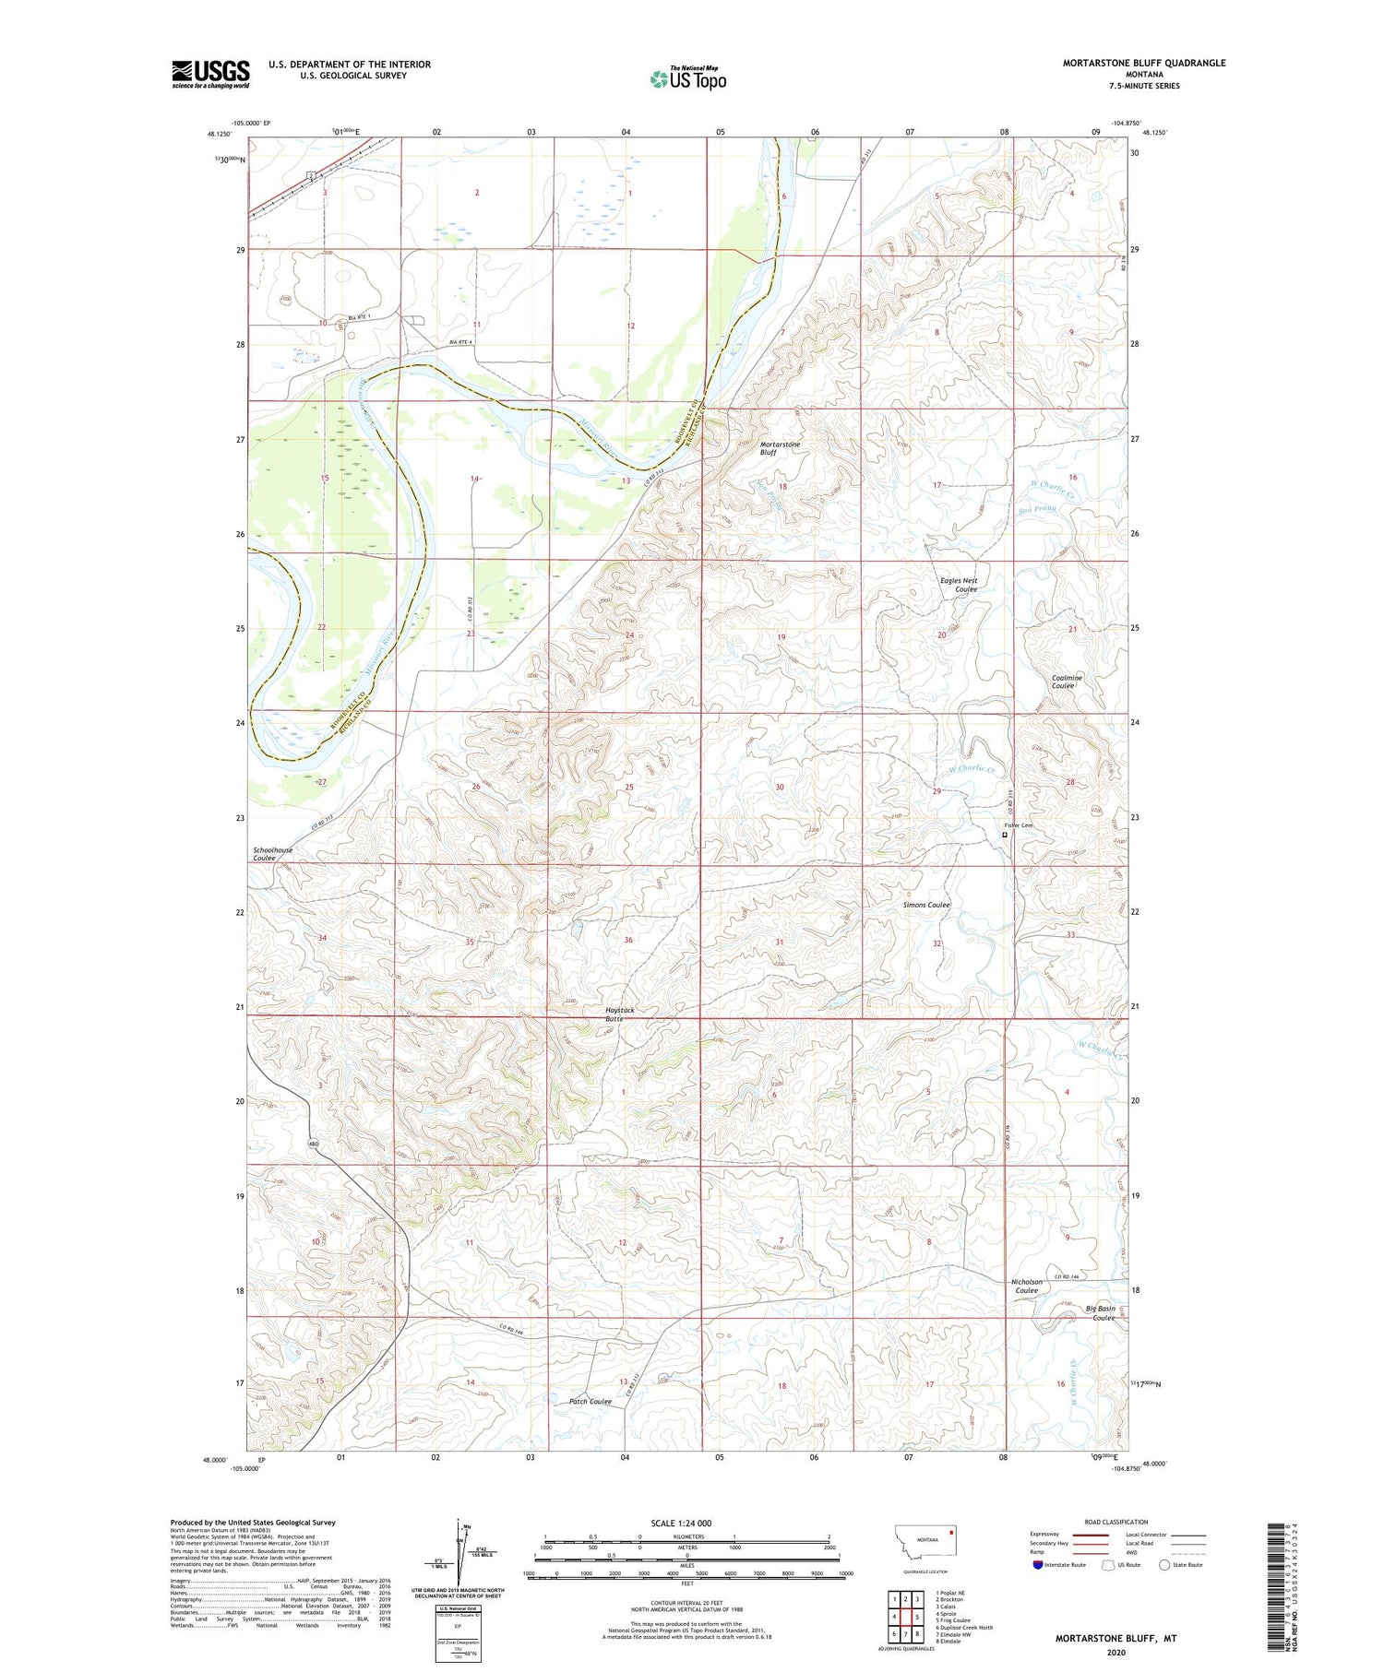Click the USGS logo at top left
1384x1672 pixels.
pos(210,74)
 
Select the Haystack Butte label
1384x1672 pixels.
pos(619,1014)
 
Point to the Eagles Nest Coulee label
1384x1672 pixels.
pos(959,585)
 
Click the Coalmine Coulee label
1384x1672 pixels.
pos(1067,682)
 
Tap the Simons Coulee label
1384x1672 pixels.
pos(925,905)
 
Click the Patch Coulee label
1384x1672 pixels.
pos(590,1401)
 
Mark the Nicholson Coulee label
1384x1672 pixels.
pos(1027,1286)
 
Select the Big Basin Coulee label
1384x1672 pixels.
pos(1101,1312)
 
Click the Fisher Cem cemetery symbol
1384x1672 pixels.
pos(1005,836)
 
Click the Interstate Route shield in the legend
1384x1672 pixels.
pos(1038,1565)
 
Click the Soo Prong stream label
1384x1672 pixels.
pos(1037,509)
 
